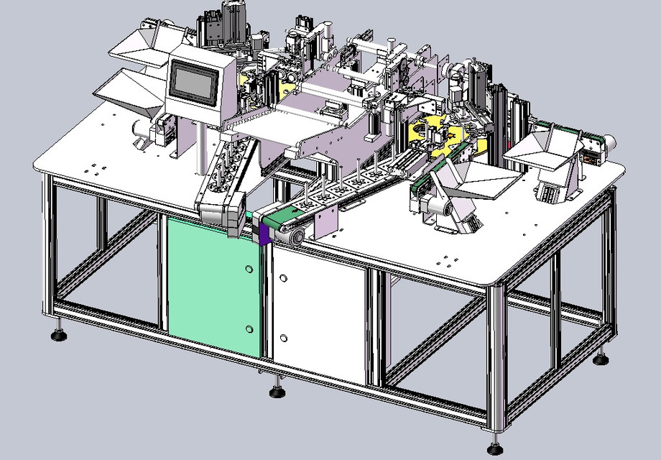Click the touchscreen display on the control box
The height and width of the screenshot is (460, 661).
coord(193,80)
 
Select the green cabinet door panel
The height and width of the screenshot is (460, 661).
coord(212,280)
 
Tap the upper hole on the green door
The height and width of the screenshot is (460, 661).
coord(249,269)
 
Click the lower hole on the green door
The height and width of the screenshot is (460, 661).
coord(249,328)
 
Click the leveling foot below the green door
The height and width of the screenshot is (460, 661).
coord(276,392)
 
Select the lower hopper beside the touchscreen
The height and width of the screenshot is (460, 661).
coord(129,90)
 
